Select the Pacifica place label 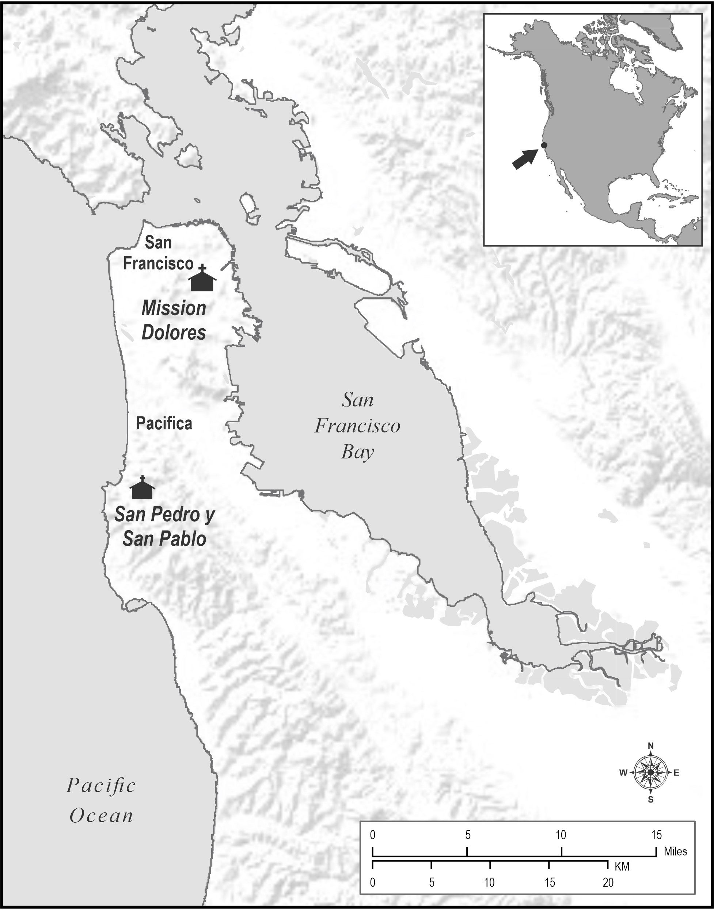tap(164, 424)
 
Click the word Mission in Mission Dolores tap(174, 309)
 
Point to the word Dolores tap(174, 333)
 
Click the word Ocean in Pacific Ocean tap(101, 816)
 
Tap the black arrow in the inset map tap(525, 159)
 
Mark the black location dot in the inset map tap(544, 145)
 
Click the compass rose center tap(650, 773)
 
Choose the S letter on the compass tap(650, 800)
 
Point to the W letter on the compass tap(623, 773)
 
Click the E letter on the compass tap(676, 773)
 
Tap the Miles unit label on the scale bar tap(675, 852)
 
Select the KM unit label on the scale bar tap(622, 866)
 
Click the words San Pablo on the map tap(164, 539)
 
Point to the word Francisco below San tap(158, 264)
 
